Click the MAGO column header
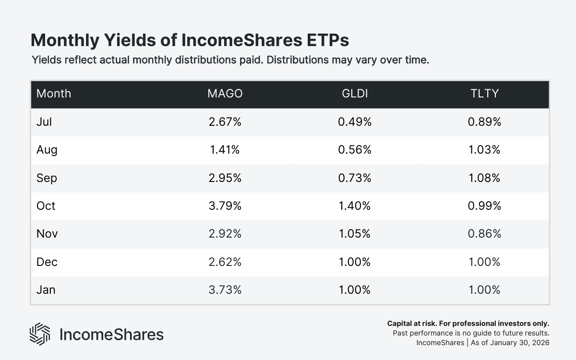tap(225, 94)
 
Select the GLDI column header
tap(354, 94)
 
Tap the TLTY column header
tap(484, 94)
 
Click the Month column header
tap(54, 94)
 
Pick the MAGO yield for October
tap(225, 206)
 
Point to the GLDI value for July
tap(354, 122)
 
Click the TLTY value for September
tap(484, 178)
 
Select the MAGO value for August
tap(225, 150)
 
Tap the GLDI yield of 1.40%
tap(354, 206)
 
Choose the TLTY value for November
tap(484, 234)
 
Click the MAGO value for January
tap(225, 290)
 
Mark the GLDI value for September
tap(354, 178)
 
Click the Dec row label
tap(47, 262)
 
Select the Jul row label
tap(44, 122)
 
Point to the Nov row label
tap(47, 234)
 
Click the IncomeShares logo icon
tap(40, 334)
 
